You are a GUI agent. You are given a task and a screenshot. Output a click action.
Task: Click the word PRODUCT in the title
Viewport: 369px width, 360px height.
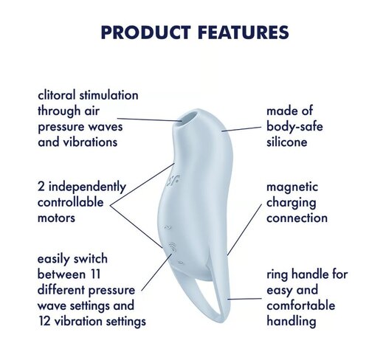145,32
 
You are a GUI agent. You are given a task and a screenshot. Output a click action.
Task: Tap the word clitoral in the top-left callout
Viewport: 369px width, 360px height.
57,95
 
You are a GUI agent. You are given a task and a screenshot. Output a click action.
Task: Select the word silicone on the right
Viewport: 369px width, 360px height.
287,142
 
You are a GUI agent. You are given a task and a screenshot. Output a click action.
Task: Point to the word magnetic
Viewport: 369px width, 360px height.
292,187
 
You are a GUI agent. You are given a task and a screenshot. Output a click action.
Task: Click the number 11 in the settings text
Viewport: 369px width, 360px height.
95,274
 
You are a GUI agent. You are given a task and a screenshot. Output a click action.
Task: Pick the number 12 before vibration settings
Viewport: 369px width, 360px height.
44,321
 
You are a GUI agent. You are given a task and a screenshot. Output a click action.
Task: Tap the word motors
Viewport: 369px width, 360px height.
56,218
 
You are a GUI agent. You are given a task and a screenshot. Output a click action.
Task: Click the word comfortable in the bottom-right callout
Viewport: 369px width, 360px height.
301,305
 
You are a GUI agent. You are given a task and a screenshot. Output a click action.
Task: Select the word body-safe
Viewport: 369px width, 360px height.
294,127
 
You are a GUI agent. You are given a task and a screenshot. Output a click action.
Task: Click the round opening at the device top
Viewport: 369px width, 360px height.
189,117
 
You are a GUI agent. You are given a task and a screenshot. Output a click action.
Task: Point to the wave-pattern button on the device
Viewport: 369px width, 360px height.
172,247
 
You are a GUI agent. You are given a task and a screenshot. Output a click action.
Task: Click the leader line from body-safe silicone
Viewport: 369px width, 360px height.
241,129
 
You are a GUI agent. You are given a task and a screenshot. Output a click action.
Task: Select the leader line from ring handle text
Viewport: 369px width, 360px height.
245,299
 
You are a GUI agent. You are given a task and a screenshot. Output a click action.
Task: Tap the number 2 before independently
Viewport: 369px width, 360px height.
41,187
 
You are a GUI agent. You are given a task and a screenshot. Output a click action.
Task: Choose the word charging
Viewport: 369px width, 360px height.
292,204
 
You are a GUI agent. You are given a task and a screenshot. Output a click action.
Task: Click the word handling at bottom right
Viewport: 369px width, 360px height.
292,322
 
